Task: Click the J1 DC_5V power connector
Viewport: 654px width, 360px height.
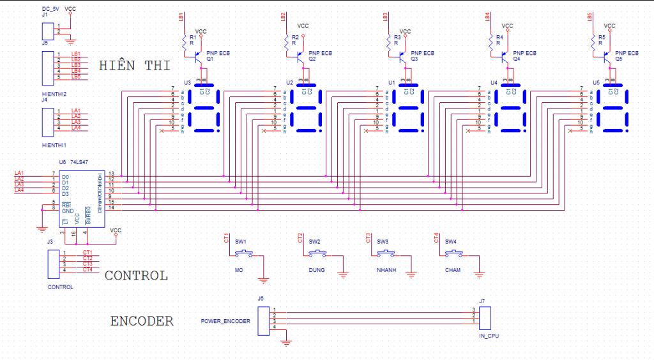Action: tap(47, 29)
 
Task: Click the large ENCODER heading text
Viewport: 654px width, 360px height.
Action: tap(142, 321)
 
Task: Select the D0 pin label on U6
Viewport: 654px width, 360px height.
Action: tap(65, 176)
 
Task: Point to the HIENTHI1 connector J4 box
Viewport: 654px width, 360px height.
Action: tap(47, 120)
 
